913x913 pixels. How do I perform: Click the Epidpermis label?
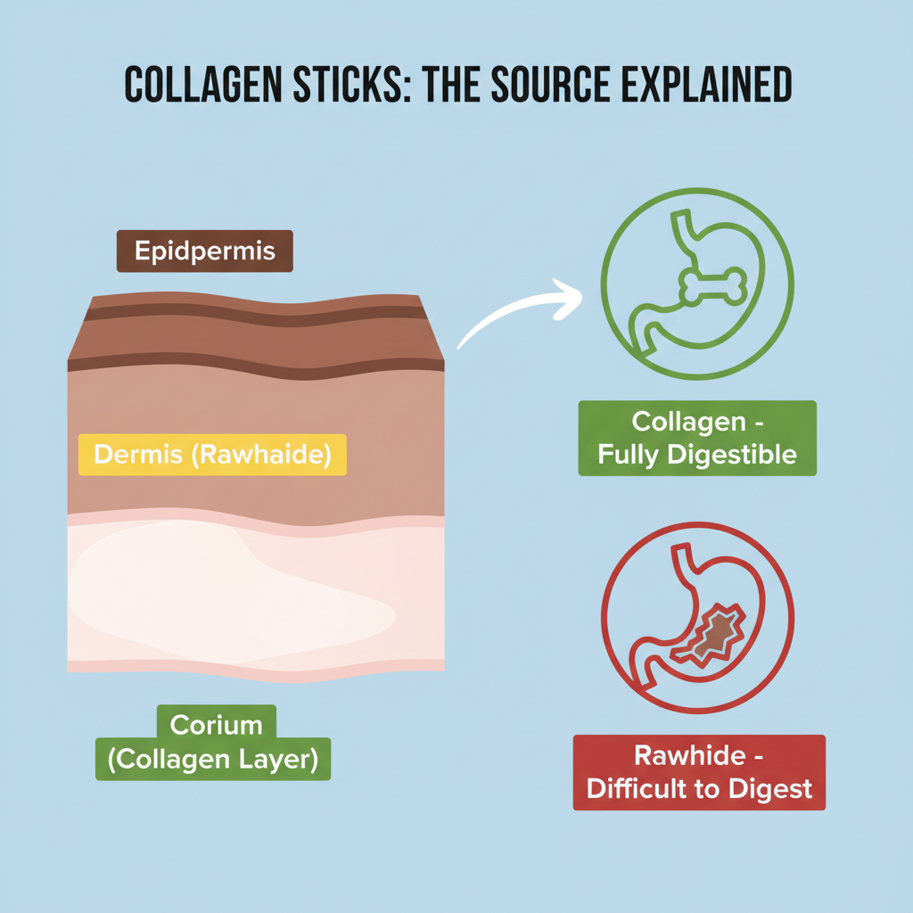coord(205,251)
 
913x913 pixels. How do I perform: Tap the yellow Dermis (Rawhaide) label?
coord(212,455)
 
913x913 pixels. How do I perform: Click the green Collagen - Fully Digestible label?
coord(697,438)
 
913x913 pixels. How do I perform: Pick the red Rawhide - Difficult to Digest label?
coord(699,772)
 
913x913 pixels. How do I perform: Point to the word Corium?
coord(215,725)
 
